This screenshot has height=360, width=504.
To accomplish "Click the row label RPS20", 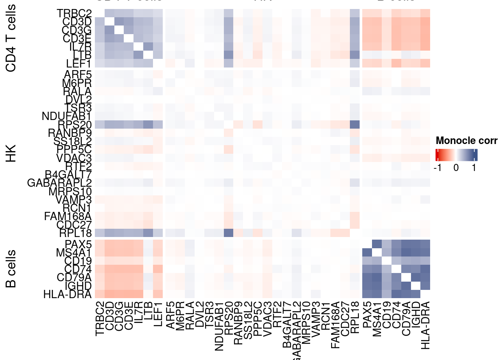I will coord(75,124).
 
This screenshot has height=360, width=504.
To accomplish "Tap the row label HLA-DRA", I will coord(67,294).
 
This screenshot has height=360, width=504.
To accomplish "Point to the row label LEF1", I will coord(79,64).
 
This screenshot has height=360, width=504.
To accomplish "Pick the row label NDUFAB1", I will coord(66,116).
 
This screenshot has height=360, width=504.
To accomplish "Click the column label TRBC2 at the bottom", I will coord(99,318).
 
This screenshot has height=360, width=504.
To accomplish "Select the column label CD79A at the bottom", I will coord(406,318).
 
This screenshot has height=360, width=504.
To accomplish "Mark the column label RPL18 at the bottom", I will coord(355,317).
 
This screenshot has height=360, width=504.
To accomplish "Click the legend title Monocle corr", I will coord(466,141).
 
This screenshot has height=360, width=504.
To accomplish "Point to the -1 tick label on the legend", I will coord(437,168).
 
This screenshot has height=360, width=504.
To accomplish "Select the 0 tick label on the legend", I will coord(456,168).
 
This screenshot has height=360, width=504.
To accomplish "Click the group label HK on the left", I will coord(11,153).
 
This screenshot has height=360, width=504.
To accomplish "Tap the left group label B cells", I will coord(11,268).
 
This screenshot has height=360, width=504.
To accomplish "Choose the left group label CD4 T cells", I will coord(11,38).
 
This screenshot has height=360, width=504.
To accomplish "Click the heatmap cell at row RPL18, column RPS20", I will coord(228,232).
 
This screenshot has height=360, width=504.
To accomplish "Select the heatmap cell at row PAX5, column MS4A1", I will coord(377,244).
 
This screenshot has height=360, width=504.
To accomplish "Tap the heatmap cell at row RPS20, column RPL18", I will coord(355,124).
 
